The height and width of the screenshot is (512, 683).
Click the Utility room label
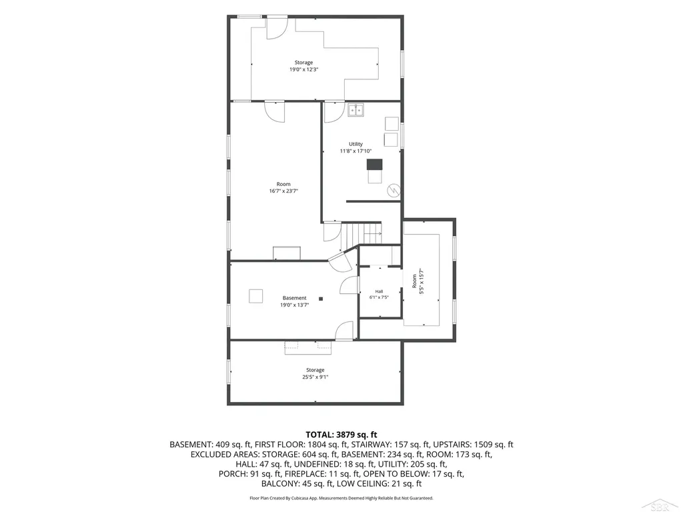(x=356, y=144)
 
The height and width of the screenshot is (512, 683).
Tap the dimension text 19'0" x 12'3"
(x=303, y=69)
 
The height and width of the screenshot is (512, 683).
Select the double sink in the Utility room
(x=356, y=110)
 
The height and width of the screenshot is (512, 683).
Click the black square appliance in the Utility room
(x=374, y=165)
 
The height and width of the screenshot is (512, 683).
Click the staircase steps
(x=361, y=234)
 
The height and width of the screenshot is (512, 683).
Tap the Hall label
(x=379, y=291)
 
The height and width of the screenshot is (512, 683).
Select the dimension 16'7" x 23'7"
(x=283, y=191)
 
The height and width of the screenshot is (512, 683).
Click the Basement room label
(x=294, y=298)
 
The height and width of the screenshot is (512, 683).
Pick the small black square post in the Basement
(x=321, y=299)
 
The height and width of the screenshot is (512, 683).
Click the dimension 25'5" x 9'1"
(x=315, y=377)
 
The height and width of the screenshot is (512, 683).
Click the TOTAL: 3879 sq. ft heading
(x=341, y=435)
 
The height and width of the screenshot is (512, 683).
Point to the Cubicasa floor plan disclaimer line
(x=341, y=498)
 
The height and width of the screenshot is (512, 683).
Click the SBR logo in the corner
(x=660, y=505)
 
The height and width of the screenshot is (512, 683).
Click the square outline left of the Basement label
(x=255, y=296)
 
